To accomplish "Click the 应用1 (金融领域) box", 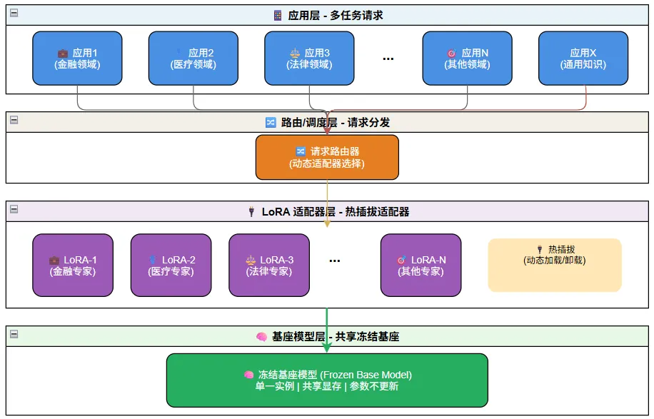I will click(77, 58).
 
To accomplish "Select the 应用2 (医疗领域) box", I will click(193, 58).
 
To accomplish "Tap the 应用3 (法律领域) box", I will click(309, 58).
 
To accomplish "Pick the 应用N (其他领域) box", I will click(467, 58).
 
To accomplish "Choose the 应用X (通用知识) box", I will click(583, 58).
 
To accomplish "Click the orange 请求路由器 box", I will click(327, 157).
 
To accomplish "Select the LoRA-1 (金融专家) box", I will click(73, 265).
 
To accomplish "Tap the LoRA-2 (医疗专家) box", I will click(171, 265).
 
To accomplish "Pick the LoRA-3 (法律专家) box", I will click(269, 265).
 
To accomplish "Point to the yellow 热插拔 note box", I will click(555, 265).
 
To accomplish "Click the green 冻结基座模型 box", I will click(327, 380).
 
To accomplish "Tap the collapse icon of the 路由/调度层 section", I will click(14, 120).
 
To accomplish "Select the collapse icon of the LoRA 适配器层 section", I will click(14, 209).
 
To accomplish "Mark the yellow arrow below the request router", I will click(327, 203).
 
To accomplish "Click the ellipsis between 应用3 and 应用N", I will click(388, 59).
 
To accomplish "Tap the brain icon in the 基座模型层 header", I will click(261, 336).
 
